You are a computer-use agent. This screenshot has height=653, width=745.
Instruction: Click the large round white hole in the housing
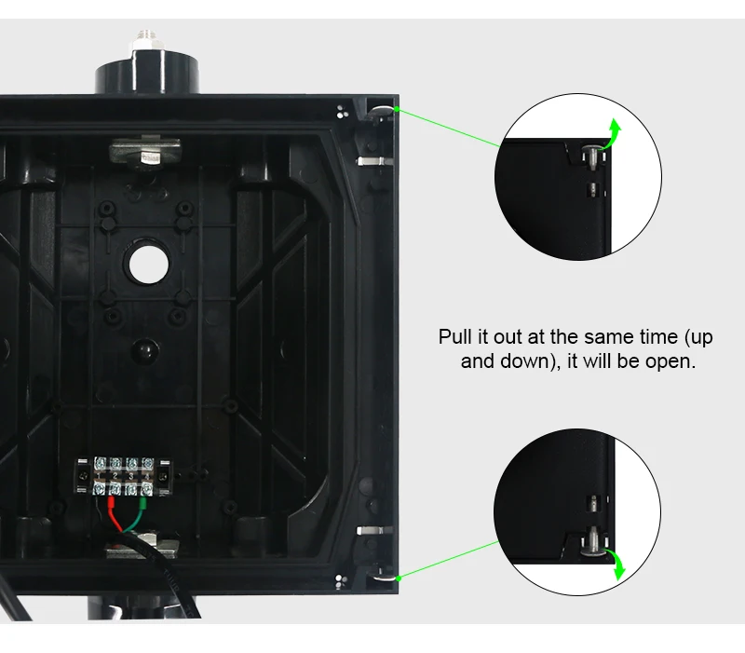pyautogui.click(x=149, y=265)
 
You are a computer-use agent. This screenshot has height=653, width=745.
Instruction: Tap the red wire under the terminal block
pyautogui.click(x=114, y=513)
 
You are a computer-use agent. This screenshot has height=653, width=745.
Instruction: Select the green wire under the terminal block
pyautogui.click(x=138, y=514)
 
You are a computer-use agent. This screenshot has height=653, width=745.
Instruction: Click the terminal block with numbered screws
pyautogui.click(x=123, y=477)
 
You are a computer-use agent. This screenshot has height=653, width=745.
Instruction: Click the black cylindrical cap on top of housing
pyautogui.click(x=147, y=72)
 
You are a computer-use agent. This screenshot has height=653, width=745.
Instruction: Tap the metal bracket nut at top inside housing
pyautogui.click(x=145, y=152)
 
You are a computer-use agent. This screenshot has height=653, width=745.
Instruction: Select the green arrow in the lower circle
pyautogui.click(x=616, y=565)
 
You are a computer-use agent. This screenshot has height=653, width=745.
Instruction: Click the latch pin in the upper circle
pyautogui.click(x=591, y=156)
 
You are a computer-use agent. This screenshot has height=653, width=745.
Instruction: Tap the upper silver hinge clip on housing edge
pyautogui.click(x=374, y=161)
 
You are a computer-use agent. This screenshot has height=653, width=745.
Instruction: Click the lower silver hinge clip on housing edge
pyautogui.click(x=374, y=530)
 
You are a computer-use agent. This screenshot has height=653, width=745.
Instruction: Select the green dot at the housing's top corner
pyautogui.click(x=398, y=110)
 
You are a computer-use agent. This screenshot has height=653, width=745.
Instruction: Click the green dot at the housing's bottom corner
pyautogui.click(x=399, y=578)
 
